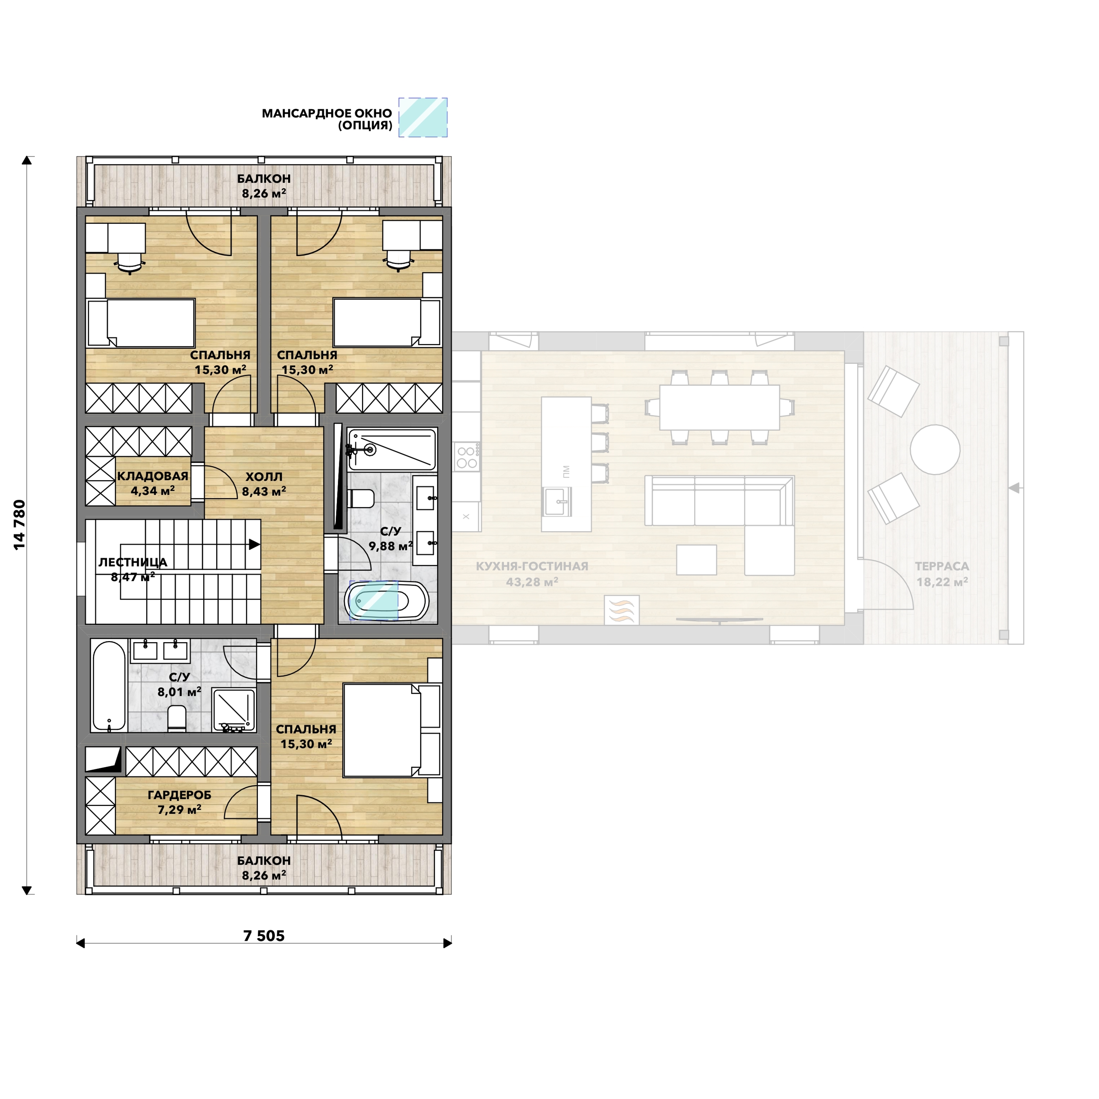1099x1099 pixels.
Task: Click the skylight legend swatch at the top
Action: click(423, 117)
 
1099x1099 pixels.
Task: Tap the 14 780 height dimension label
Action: click(20, 525)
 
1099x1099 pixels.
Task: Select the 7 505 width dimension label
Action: click(264, 936)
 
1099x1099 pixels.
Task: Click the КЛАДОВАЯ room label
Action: click(152, 476)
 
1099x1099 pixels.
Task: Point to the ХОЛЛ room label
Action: click(264, 477)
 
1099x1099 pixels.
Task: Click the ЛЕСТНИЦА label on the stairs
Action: click(133, 562)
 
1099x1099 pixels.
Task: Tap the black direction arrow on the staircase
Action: click(254, 544)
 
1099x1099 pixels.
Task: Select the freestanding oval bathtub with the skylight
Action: click(386, 600)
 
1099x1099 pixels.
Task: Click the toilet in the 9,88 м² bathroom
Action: click(360, 498)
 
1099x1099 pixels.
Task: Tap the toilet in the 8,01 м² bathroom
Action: click(177, 718)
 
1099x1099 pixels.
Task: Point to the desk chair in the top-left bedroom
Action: click(130, 261)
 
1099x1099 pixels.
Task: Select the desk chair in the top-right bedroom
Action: click(399, 260)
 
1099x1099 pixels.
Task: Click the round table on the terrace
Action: click(935, 449)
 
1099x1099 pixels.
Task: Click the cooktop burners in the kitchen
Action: click(466, 457)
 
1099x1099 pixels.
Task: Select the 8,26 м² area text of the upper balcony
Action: click(264, 193)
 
